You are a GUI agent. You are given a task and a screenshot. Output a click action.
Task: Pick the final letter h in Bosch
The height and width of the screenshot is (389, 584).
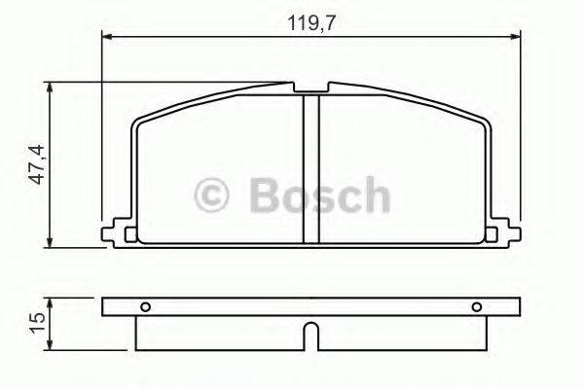373,195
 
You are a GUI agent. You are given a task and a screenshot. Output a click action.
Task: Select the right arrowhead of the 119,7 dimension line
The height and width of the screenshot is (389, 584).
515,37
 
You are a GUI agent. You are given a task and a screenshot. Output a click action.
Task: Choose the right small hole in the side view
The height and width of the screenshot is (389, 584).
477,307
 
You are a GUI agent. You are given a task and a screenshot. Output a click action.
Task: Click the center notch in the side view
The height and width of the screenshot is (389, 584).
310,336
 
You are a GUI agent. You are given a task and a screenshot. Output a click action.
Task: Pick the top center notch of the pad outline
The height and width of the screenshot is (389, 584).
310,89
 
